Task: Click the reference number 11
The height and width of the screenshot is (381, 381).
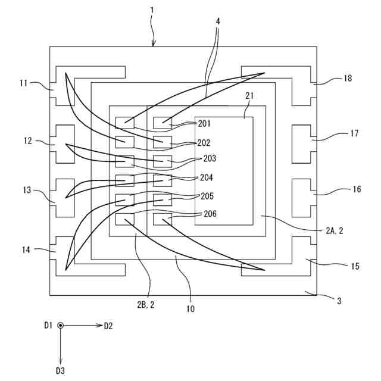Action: [24, 83]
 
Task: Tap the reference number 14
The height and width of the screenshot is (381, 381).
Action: [26, 249]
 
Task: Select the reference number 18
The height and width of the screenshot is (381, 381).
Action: [348, 78]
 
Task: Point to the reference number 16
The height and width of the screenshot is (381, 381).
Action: [357, 189]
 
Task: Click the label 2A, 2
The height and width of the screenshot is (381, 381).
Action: [335, 230]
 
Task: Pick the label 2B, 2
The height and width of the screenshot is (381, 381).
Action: [145, 305]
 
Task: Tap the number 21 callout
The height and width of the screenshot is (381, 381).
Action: [249, 96]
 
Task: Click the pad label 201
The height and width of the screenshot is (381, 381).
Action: [204, 123]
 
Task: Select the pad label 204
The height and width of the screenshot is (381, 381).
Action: [207, 177]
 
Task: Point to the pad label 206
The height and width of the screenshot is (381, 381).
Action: [210, 214]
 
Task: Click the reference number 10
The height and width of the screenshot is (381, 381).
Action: [190, 309]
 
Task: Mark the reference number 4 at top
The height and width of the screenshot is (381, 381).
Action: [218, 21]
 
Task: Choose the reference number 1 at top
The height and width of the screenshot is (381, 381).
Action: [152, 11]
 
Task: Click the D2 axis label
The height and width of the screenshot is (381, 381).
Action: [108, 326]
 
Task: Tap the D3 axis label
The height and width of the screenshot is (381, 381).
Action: [60, 371]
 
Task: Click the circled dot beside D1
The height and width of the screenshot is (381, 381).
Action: [61, 326]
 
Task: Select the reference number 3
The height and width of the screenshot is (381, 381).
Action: [339, 301]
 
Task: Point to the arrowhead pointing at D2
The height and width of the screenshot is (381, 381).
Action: [99, 326]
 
